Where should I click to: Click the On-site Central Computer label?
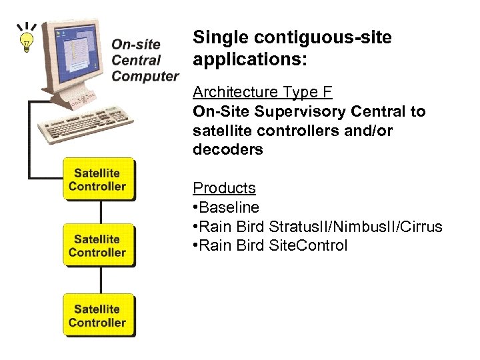click(145, 60)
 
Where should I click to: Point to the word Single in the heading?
click(218, 38)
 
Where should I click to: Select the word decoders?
click(228, 149)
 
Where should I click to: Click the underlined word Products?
click(224, 188)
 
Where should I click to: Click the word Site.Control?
click(308, 245)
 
